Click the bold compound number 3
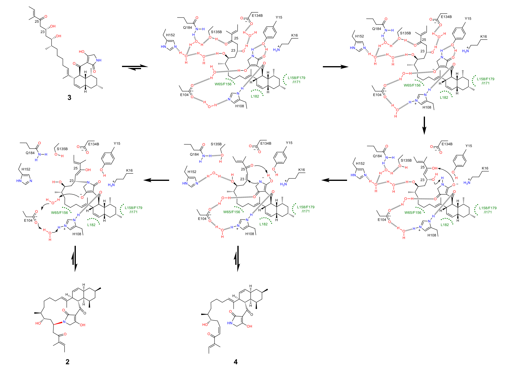click(69, 98)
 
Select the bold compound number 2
click(67, 362)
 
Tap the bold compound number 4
click(236, 362)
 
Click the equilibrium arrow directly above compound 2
click(74, 258)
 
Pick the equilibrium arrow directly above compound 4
click(237, 258)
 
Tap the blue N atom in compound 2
click(64, 322)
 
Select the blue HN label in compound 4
click(230, 323)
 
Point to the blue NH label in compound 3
click(99, 60)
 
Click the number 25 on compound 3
click(37, 21)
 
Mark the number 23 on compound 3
click(43, 32)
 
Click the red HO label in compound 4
click(205, 325)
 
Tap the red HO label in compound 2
click(38, 323)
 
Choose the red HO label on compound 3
click(82, 52)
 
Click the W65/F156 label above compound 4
click(232, 212)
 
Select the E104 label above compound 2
click(28, 220)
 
